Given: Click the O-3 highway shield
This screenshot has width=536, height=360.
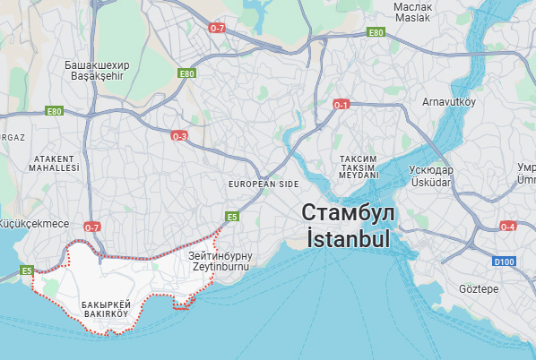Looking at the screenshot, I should [x=179, y=136].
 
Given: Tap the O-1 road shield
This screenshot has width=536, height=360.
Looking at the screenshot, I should [x=341, y=105].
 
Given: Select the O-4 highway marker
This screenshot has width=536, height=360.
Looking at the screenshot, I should [x=508, y=227].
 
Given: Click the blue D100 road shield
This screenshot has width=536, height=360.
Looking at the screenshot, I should [x=506, y=261].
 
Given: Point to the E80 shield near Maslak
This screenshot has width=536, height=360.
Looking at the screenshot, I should [x=376, y=33].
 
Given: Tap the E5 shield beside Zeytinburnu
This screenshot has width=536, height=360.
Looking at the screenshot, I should [x=231, y=217].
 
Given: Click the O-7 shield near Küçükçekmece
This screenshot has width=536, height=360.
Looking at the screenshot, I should [x=91, y=227].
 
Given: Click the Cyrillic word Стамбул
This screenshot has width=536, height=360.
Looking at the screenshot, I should [x=347, y=213].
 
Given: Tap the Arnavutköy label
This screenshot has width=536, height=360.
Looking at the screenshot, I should [x=447, y=101].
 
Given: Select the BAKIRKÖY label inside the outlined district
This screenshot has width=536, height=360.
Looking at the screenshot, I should [x=105, y=314].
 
